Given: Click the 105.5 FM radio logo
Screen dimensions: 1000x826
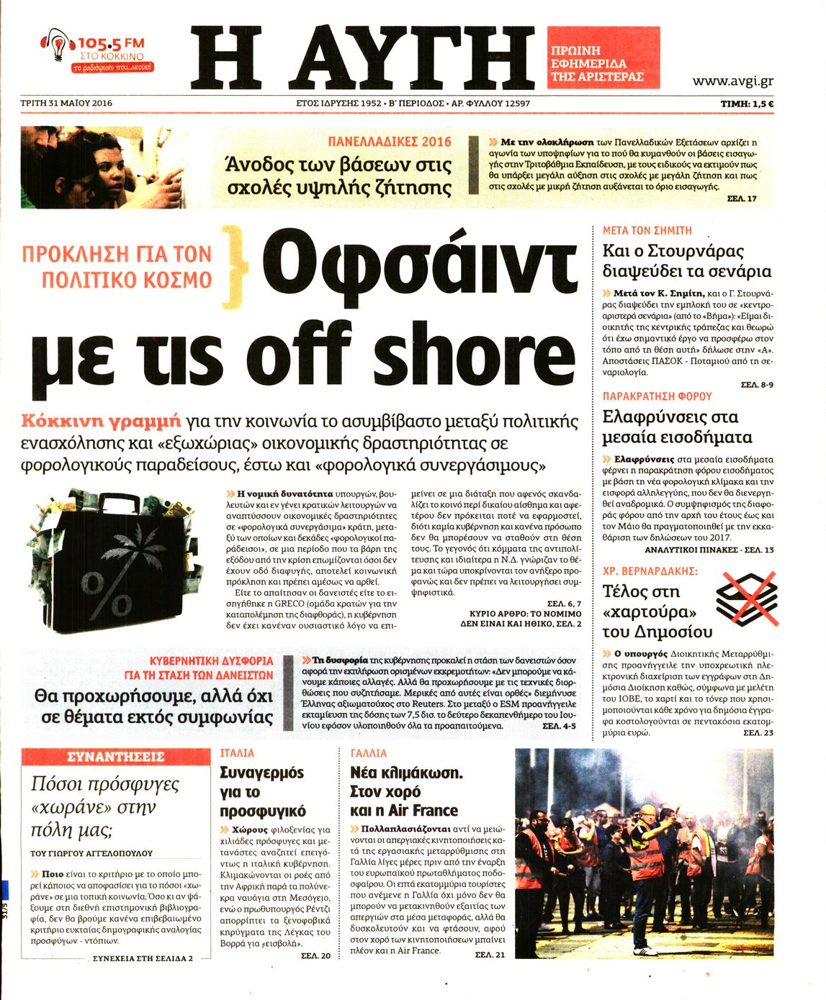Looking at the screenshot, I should click(96, 51).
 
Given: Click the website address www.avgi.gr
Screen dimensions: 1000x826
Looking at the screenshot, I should click(732, 81).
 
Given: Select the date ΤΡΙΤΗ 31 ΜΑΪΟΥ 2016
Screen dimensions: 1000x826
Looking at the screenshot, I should click(66, 103).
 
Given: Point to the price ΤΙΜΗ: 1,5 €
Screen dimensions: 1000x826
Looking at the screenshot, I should click(747, 104).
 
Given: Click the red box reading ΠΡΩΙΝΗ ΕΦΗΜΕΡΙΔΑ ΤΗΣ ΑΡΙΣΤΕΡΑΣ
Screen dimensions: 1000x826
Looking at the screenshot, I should click(603, 58).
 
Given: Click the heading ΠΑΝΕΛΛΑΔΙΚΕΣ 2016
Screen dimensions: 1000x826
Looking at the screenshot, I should click(390, 142).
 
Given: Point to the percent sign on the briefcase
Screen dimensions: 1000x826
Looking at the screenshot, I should click(107, 594).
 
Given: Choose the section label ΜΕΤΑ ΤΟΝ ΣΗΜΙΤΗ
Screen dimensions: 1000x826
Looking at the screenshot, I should click(647, 231).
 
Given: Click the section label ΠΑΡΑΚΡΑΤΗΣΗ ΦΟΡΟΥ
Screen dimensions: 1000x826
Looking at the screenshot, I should click(657, 396).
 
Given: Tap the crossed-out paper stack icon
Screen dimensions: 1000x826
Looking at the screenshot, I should click(747, 598).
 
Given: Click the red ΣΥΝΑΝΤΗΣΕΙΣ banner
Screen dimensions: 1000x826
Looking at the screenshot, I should click(115, 757).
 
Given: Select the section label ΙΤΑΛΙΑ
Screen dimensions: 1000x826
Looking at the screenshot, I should click(237, 753).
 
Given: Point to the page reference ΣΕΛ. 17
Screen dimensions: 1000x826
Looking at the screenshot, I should click(742, 199).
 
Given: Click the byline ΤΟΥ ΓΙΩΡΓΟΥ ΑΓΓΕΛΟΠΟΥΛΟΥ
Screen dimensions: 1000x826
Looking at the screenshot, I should click(91, 853).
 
